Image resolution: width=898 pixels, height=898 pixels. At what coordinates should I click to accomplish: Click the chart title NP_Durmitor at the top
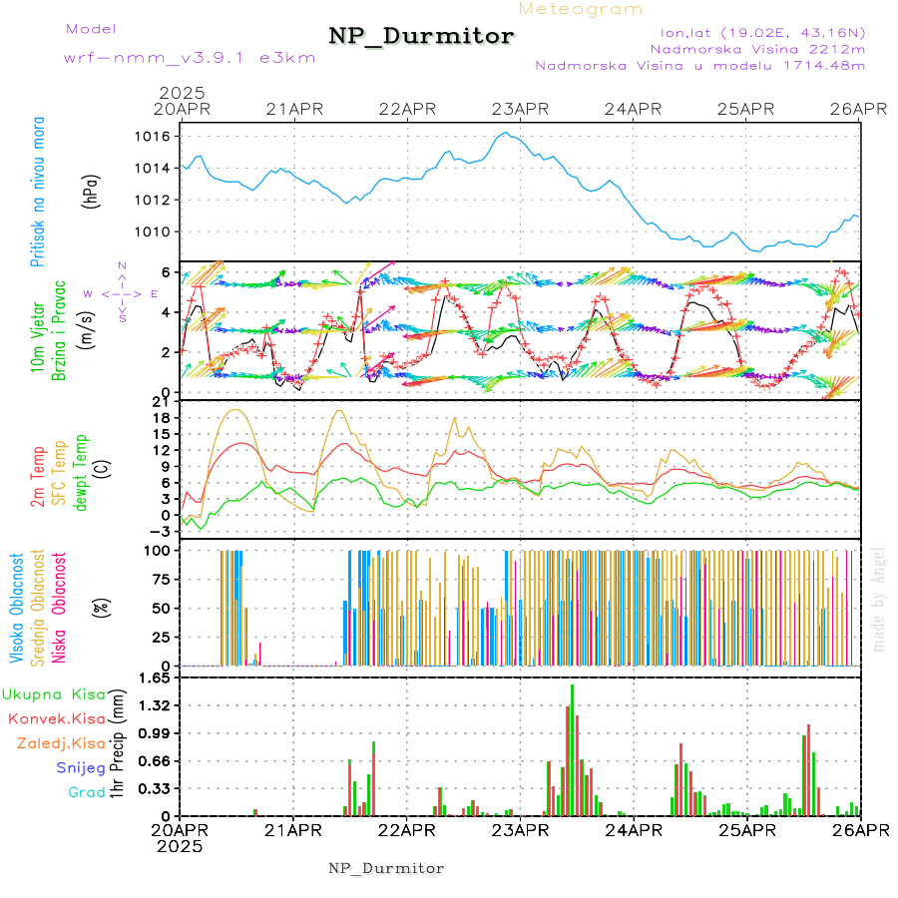click(x=421, y=37)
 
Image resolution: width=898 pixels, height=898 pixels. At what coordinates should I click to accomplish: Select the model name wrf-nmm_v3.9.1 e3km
click(x=190, y=58)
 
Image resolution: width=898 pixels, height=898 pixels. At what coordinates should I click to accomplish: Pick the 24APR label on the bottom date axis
click(x=634, y=830)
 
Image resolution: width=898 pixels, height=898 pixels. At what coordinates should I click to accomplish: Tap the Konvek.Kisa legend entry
click(x=56, y=718)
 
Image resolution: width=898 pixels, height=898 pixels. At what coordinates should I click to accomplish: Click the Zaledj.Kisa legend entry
click(x=61, y=743)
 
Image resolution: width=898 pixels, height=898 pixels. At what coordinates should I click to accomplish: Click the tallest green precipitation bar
click(x=572, y=749)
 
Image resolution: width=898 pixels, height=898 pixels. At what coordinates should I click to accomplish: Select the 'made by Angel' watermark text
click(x=879, y=599)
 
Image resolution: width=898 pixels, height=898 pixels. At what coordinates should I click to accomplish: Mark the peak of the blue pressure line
click(x=506, y=133)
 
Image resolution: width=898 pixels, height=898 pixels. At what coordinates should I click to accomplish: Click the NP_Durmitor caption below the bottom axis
click(x=386, y=868)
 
